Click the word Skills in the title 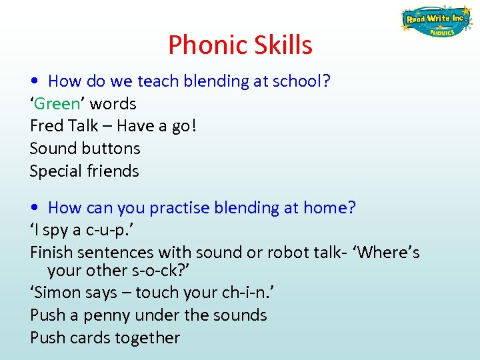coord(283,45)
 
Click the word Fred coord(46,126)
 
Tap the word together coord(147,338)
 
